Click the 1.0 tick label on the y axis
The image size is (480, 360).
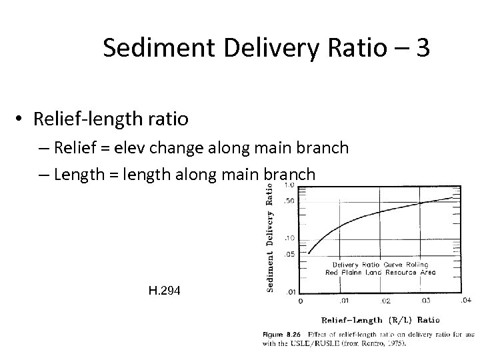290,185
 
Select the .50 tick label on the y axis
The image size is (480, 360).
289,201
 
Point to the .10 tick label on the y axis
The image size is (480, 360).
289,238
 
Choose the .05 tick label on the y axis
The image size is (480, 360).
289,254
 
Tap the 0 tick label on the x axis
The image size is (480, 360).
300,301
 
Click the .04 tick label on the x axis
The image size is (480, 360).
465,300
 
